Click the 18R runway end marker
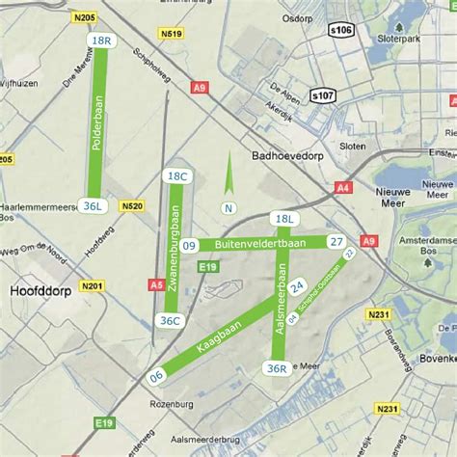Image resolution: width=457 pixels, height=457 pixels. [x=100, y=41]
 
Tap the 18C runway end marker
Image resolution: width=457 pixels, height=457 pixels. [x=176, y=176]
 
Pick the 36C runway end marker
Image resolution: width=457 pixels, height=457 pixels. [x=171, y=321]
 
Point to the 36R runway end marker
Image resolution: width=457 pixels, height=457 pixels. [x=277, y=367]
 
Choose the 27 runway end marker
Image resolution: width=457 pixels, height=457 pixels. [x=336, y=242]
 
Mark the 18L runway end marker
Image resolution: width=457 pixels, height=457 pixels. [x=283, y=220]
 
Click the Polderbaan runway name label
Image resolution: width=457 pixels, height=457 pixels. [x=96, y=121]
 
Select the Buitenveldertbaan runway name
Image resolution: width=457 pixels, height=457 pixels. [x=260, y=245]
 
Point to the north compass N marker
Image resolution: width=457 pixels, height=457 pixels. [x=229, y=207]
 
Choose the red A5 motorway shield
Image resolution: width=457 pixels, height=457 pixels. [x=156, y=284]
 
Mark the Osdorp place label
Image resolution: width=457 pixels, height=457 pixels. [x=298, y=17]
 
